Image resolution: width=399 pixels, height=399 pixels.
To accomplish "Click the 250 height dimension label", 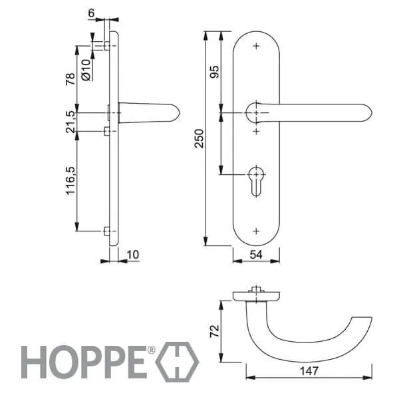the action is tap(199, 138).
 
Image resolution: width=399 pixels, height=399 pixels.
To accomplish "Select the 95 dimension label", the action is tap(214, 72).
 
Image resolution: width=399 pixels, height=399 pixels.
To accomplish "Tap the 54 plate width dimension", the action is tap(256, 255).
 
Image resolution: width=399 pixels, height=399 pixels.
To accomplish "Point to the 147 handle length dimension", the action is tap(309, 371).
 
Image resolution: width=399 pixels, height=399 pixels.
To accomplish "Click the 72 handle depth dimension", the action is tap(214, 331).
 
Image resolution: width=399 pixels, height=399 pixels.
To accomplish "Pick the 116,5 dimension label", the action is tap(71, 181).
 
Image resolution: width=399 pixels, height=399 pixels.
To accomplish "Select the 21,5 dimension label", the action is tap(71, 122).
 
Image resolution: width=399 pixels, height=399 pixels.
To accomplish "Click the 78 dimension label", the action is tap(70, 79).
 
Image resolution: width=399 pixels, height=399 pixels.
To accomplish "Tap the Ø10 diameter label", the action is tap(86, 70).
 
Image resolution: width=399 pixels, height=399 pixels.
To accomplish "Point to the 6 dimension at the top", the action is tap(91, 13).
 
